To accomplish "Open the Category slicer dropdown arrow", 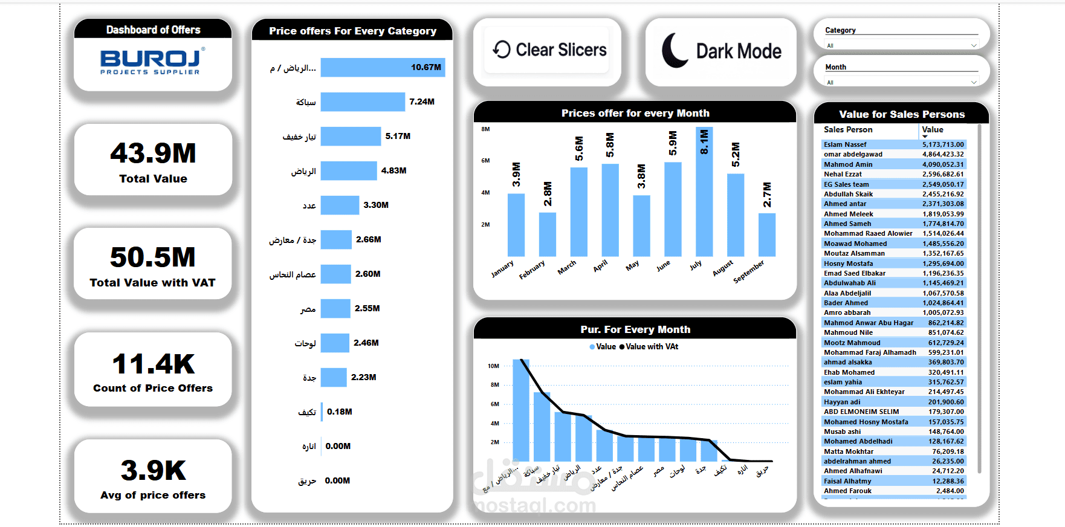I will click(x=973, y=46).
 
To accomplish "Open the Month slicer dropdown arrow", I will click(x=973, y=83).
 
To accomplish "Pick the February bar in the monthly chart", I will click(x=548, y=234).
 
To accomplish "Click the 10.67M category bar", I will click(x=383, y=68).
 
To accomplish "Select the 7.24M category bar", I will click(x=363, y=102).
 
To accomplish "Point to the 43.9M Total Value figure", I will click(x=153, y=154).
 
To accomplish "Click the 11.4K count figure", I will click(x=153, y=364).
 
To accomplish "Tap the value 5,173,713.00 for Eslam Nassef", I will click(x=943, y=145).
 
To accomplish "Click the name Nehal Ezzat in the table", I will click(x=843, y=175).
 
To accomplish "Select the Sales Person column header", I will click(x=848, y=130).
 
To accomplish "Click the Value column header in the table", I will click(x=933, y=130).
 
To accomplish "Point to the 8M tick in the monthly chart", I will click(x=485, y=129).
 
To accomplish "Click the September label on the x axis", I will click(x=749, y=272).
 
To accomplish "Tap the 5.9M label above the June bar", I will click(x=673, y=143).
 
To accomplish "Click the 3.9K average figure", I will click(x=153, y=471).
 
